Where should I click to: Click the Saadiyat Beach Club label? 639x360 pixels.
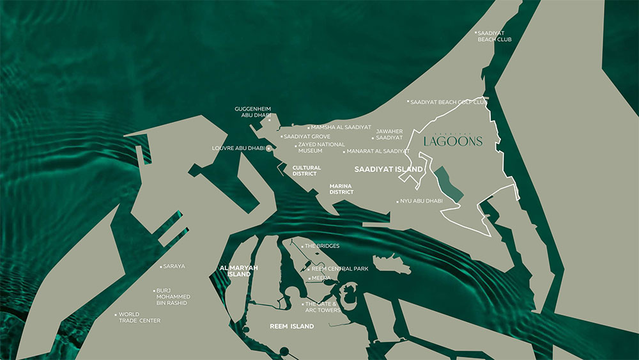(x=494, y=36)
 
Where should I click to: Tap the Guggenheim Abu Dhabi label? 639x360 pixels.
(x=253, y=113)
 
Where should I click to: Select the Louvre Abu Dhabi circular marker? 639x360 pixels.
(x=269, y=148)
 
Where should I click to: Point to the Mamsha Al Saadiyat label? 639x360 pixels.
(x=341, y=127)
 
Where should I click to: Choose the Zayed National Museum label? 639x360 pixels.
(x=321, y=148)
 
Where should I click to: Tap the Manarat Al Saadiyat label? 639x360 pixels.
(x=378, y=152)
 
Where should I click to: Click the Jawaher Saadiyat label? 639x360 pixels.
(x=389, y=134)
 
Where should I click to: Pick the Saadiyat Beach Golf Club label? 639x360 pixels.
(x=449, y=102)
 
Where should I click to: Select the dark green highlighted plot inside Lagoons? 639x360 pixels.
(x=450, y=184)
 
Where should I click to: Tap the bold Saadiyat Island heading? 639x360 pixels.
(x=389, y=169)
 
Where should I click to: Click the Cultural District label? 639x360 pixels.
(x=307, y=170)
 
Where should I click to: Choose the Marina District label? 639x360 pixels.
(x=341, y=189)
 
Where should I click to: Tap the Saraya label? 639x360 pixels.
(x=174, y=266)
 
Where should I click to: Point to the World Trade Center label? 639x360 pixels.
(x=141, y=317)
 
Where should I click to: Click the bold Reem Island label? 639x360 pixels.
(x=292, y=326)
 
